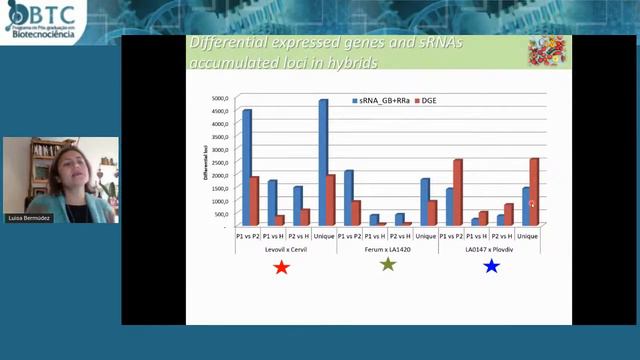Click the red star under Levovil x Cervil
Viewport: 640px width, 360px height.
(282, 267)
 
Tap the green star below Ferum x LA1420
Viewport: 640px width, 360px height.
(388, 265)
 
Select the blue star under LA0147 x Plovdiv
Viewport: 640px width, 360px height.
(491, 266)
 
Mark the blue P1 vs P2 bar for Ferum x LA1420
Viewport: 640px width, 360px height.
(349, 198)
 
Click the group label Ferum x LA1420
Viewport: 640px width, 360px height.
(387, 248)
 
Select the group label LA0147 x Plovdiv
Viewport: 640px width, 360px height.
(490, 248)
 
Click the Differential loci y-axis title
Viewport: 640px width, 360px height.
(205, 162)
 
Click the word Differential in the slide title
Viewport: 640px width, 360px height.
(231, 45)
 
